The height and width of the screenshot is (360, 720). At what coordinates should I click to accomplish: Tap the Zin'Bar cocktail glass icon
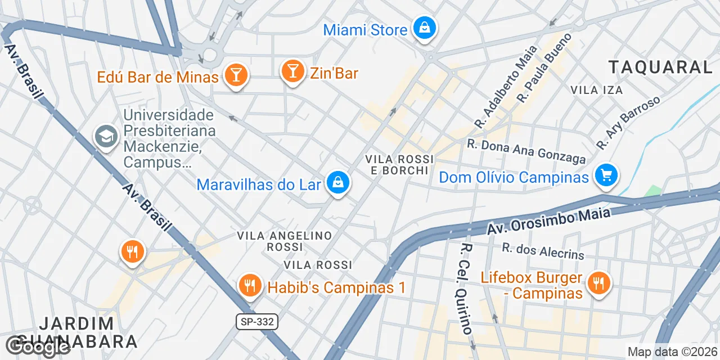tap(292, 71)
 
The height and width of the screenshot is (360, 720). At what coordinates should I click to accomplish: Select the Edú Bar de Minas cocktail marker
tap(235, 75)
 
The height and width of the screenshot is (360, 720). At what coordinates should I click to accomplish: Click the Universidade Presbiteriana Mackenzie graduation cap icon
tap(106, 136)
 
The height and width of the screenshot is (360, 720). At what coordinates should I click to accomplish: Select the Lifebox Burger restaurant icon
tap(598, 282)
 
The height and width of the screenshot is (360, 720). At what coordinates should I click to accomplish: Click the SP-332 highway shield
tap(256, 322)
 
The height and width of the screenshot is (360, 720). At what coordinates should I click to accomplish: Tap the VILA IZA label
tap(596, 90)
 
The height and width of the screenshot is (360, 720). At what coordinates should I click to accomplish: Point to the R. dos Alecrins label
tap(543, 251)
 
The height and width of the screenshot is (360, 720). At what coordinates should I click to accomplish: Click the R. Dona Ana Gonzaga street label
tap(526, 151)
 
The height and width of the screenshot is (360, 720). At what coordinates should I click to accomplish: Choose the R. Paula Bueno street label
tap(544, 67)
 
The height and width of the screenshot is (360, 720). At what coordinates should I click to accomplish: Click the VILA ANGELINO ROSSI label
tap(285, 241)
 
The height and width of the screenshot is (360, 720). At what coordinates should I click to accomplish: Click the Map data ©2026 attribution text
tap(673, 352)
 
